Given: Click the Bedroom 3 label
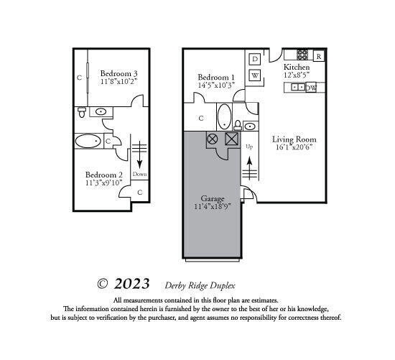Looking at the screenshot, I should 118,73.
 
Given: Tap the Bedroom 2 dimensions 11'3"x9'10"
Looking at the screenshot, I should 104,182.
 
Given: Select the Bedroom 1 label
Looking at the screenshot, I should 216,77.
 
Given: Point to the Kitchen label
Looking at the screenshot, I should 297,66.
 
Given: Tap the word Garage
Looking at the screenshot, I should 213,198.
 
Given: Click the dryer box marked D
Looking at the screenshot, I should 255,58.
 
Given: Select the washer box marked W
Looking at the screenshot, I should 255,75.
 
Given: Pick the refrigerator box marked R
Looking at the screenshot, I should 318,55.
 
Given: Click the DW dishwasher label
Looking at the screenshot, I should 311,88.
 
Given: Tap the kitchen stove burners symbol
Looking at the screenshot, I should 302,55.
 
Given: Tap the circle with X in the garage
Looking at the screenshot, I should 213,139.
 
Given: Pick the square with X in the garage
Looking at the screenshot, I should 231,139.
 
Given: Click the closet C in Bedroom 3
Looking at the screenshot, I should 79,76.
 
